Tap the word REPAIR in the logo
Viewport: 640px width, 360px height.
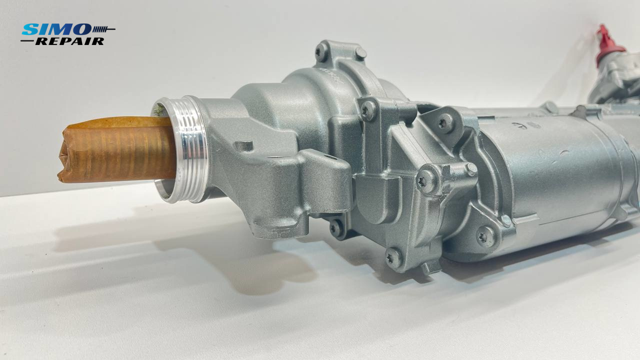coord(69,41)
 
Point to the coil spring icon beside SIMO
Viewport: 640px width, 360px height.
coord(103,29)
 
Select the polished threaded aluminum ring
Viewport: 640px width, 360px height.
coord(181,149)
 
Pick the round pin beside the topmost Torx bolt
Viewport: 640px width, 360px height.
coord(360,53)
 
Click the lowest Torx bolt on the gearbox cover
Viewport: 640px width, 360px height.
coord(393,258)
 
